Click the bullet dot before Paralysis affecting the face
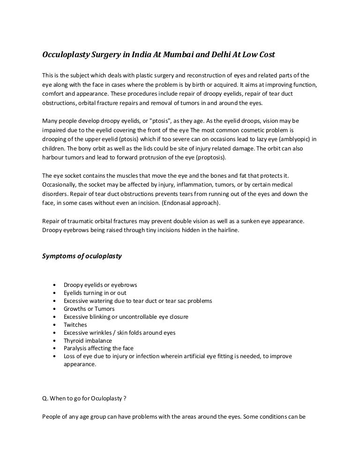tap(56, 348)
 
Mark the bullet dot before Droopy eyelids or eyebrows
tap(56, 285)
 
